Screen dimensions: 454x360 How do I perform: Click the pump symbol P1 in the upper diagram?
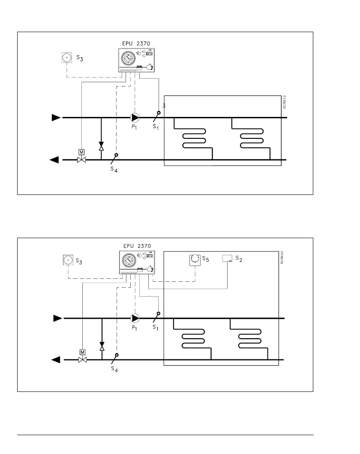point(135,117)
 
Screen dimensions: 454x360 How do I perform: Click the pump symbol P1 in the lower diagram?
point(135,318)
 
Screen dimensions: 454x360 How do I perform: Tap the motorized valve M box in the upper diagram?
point(81,152)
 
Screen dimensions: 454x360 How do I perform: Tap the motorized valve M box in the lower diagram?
point(82,352)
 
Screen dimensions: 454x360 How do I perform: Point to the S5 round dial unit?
point(195,260)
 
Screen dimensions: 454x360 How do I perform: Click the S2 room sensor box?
point(227,258)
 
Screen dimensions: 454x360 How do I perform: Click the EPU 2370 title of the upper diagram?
point(137,43)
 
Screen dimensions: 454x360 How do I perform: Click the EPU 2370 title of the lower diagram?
point(137,246)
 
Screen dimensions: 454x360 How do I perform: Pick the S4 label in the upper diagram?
point(113,170)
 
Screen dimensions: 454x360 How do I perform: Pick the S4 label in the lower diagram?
point(114,370)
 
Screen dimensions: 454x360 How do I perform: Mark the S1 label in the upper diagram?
point(155,127)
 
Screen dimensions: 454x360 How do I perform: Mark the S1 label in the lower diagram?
point(156,327)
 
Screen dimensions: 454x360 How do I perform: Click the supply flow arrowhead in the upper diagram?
point(56,117)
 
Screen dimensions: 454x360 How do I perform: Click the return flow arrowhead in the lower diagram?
point(56,360)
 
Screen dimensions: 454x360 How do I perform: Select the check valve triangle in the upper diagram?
point(101,148)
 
